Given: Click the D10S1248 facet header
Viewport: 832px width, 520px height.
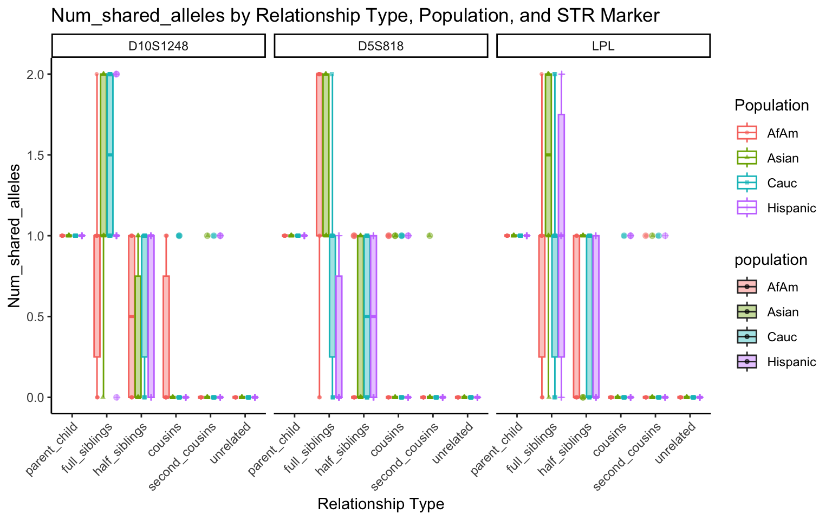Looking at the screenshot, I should click(x=158, y=46).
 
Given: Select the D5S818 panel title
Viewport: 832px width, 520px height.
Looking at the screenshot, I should click(x=381, y=46).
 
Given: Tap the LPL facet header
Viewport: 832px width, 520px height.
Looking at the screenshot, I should click(x=603, y=46).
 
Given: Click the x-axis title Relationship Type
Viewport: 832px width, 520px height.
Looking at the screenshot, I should click(x=381, y=504).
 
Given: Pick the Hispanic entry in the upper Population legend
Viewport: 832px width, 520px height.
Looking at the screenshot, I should click(x=791, y=208).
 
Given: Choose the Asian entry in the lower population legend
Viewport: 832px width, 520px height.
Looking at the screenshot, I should click(x=783, y=312).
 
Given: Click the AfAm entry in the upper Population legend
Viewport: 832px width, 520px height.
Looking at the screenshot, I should click(x=782, y=133).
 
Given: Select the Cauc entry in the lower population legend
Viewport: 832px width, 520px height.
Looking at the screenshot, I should click(x=782, y=337).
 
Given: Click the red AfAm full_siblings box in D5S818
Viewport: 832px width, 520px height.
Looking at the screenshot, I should click(x=320, y=154).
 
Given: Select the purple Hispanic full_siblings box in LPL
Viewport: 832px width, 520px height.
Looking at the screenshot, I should click(x=561, y=236).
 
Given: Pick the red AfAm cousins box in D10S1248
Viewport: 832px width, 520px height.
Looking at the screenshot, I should click(x=166, y=336).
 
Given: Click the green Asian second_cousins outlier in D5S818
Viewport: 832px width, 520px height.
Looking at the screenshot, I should click(x=430, y=236).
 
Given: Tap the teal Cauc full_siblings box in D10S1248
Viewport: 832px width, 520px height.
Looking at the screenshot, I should click(x=110, y=154).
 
